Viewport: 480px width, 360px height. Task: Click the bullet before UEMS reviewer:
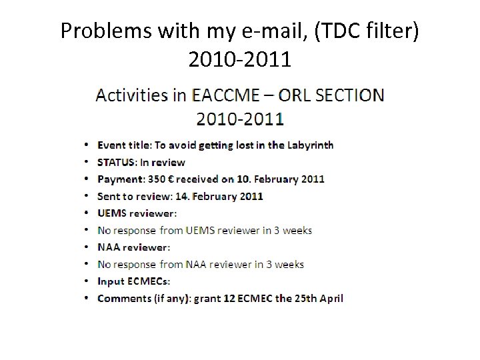tap(88, 213)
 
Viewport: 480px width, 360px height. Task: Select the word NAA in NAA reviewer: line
tap(109, 247)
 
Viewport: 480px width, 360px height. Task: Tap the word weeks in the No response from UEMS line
tap(297, 230)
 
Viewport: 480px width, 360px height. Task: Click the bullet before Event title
tap(88, 145)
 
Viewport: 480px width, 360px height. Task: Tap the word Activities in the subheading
tap(132, 95)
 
